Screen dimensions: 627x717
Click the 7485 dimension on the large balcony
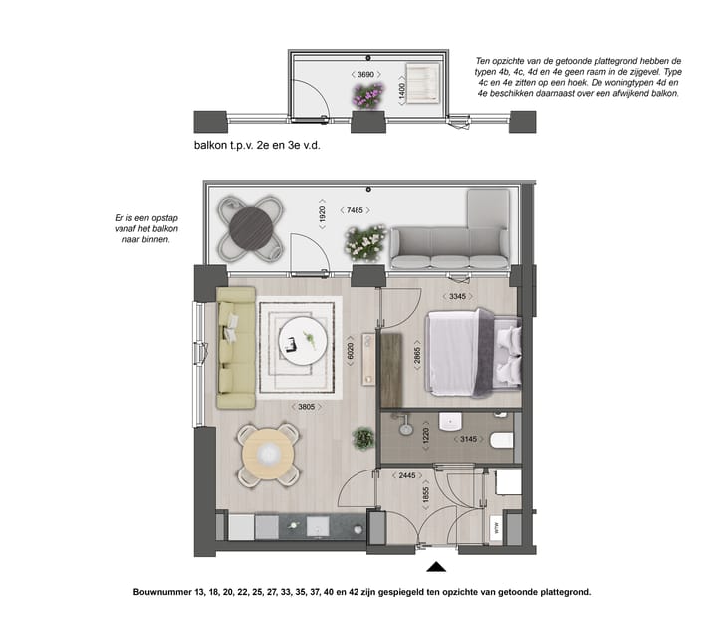point(357,210)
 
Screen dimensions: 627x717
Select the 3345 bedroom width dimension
point(459,296)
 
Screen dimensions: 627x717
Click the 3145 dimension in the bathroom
point(467,438)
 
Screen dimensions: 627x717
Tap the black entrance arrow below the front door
point(435,568)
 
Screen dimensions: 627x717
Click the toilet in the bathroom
point(502,439)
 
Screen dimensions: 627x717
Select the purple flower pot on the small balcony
point(367,96)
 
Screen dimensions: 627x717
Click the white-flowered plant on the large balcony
point(365,242)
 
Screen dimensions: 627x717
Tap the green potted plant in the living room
point(362,436)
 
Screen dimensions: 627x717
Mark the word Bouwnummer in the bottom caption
point(164,591)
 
